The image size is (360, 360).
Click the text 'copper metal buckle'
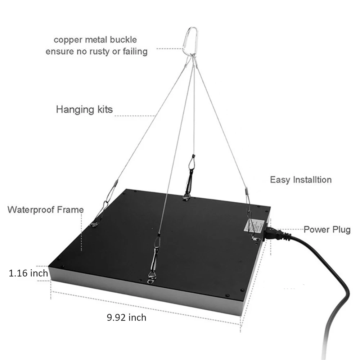pos(95,40)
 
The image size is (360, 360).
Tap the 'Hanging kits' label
pos(84,109)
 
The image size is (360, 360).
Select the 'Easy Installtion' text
pos(301,179)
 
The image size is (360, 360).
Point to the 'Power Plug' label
pos(327,230)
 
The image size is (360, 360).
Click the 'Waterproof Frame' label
pos(46,210)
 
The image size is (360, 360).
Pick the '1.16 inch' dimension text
pos(28,273)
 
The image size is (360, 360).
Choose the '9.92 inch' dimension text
pos(126,317)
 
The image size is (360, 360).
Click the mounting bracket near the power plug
pos(256,238)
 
